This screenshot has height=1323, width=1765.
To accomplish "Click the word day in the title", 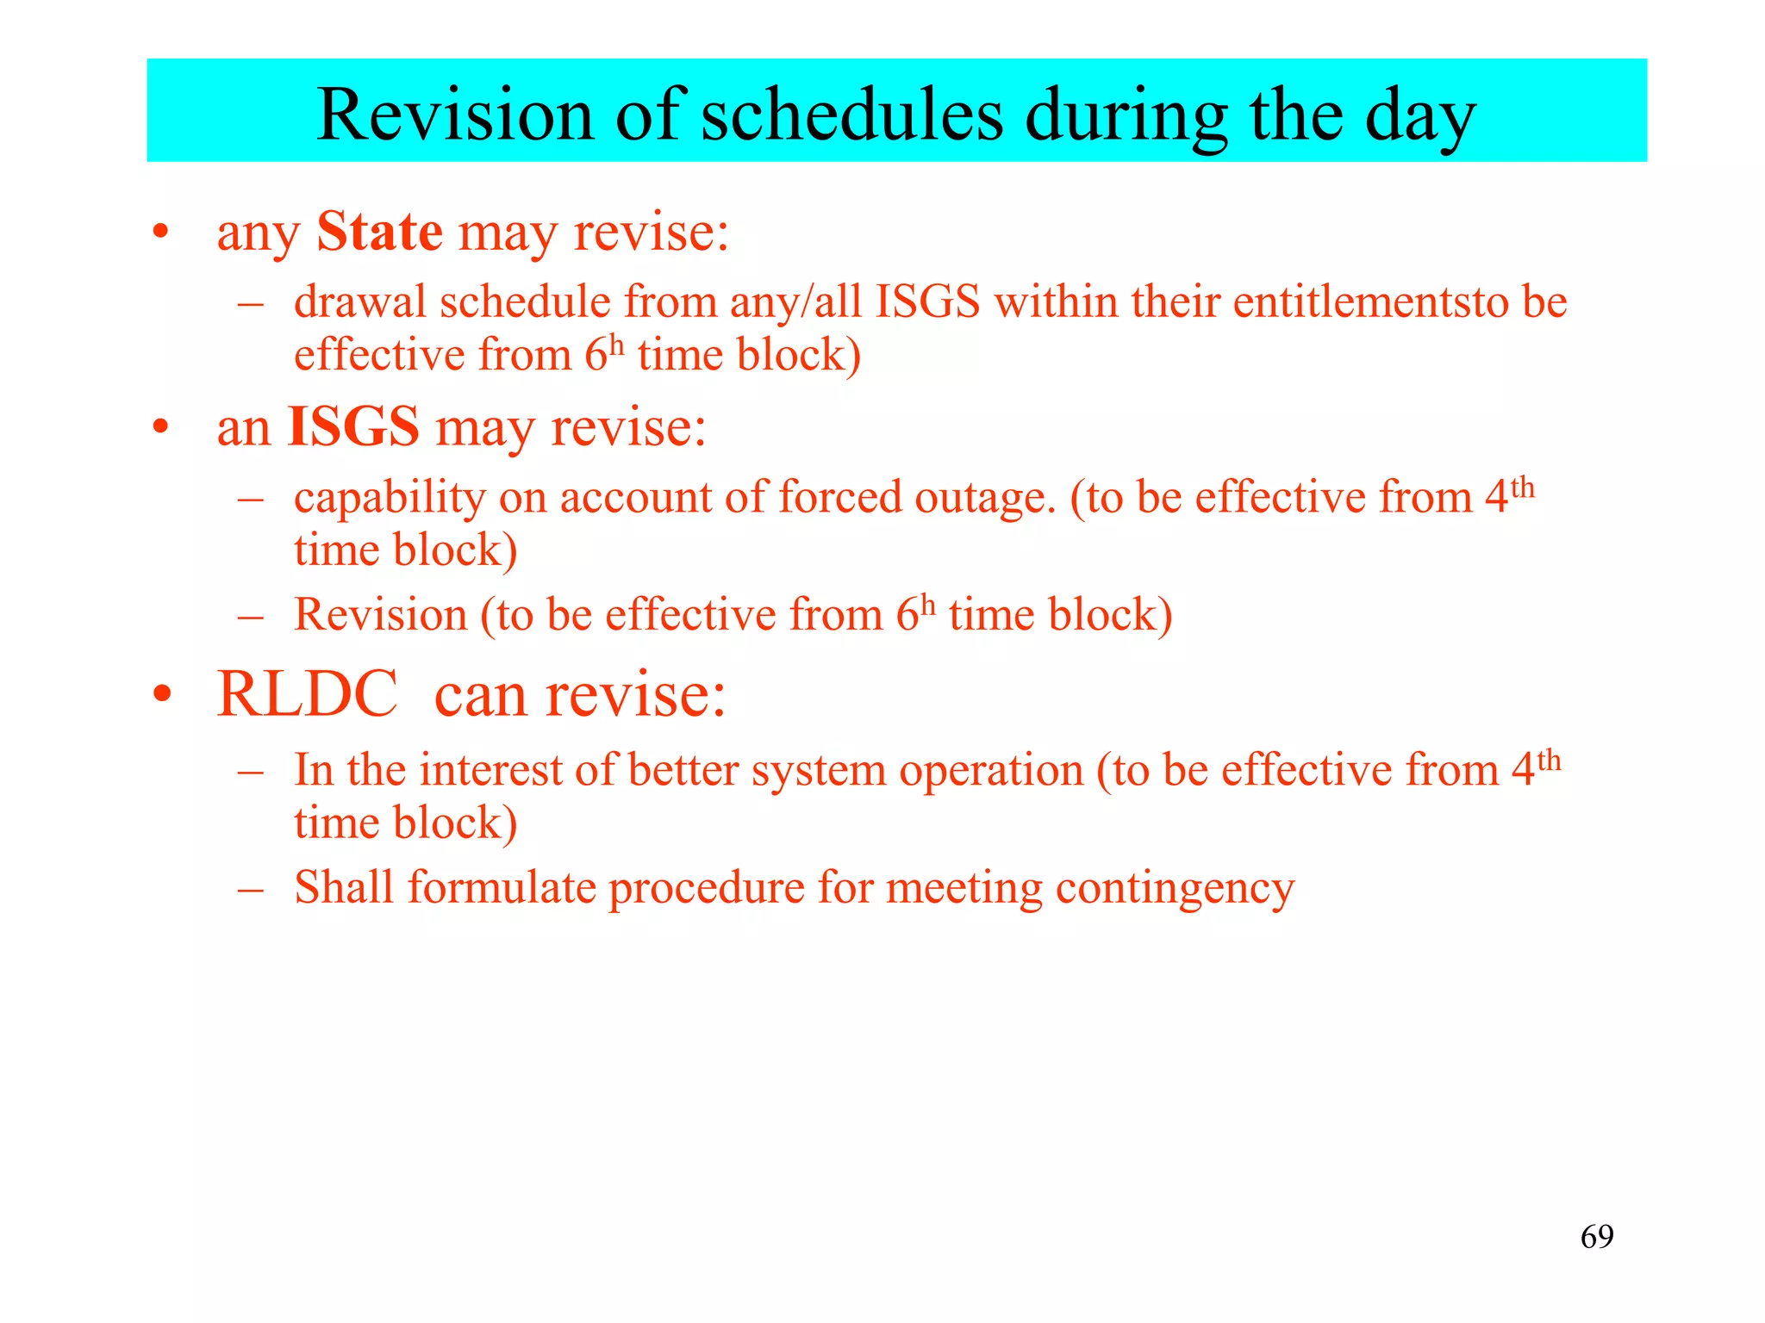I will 1421,117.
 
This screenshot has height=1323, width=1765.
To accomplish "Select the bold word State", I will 379,232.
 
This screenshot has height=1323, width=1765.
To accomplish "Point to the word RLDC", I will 307,694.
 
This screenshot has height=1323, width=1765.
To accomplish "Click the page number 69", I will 1597,1237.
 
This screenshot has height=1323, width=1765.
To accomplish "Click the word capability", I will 390,499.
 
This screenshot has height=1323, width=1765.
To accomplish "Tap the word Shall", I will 344,887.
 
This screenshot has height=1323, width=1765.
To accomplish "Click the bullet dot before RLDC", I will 162,694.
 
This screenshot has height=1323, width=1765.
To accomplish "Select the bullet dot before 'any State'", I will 160,233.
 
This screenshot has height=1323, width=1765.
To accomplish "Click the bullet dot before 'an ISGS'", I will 160,428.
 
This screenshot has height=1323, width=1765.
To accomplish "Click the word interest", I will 490,770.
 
